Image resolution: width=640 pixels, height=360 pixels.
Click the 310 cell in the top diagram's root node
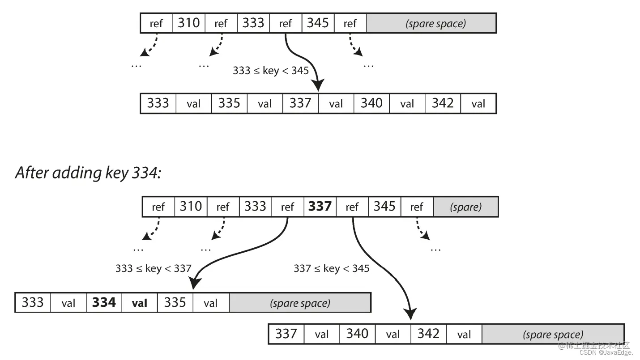(x=188, y=23)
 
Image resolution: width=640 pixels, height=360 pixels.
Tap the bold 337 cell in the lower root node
(x=320, y=207)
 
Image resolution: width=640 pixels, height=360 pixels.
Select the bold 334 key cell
(x=104, y=303)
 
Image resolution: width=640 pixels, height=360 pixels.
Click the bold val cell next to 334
(x=140, y=303)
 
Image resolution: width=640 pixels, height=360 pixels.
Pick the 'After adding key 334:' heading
(x=88, y=173)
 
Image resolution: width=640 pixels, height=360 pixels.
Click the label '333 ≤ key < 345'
(x=271, y=71)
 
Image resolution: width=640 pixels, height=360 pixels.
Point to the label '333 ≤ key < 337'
(x=153, y=268)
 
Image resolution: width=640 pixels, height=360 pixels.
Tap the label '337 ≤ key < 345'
(x=332, y=268)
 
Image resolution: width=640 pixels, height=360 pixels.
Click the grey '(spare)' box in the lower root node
(x=466, y=207)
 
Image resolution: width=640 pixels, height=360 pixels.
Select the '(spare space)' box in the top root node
(x=431, y=23)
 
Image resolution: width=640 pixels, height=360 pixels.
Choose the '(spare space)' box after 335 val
(x=300, y=303)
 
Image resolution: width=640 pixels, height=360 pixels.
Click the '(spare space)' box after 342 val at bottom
(x=553, y=334)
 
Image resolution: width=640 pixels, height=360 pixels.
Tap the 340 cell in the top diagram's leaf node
(x=371, y=103)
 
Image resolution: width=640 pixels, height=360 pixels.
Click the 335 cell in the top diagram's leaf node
(x=229, y=103)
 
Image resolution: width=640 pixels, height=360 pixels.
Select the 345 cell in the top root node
(x=318, y=23)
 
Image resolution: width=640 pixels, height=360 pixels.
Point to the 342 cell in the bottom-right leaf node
(x=428, y=334)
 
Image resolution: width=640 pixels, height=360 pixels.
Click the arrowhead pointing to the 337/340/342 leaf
(x=410, y=313)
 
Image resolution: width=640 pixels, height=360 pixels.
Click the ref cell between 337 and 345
(x=352, y=207)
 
